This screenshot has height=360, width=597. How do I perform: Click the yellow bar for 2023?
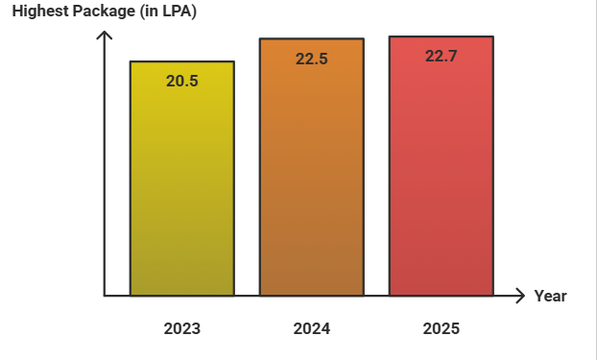182,178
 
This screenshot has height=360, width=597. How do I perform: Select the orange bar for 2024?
312,166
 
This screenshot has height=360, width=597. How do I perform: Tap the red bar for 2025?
442,166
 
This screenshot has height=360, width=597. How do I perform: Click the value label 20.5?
182,82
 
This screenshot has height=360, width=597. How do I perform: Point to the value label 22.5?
312,60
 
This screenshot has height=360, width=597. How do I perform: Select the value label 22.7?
441,57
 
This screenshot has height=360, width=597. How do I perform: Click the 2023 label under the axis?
182,328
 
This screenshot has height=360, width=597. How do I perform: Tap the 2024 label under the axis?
312,328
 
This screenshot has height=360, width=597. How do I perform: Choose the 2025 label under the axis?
442,328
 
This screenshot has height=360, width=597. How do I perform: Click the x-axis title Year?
551,296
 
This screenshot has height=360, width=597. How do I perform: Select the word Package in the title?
104,12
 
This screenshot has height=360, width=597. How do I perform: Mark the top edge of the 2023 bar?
182,60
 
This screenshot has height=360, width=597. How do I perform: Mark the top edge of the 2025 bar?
442,36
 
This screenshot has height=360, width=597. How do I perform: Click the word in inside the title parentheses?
151,12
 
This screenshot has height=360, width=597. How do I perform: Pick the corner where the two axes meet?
105,296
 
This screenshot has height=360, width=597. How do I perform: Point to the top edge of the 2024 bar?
312,38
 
